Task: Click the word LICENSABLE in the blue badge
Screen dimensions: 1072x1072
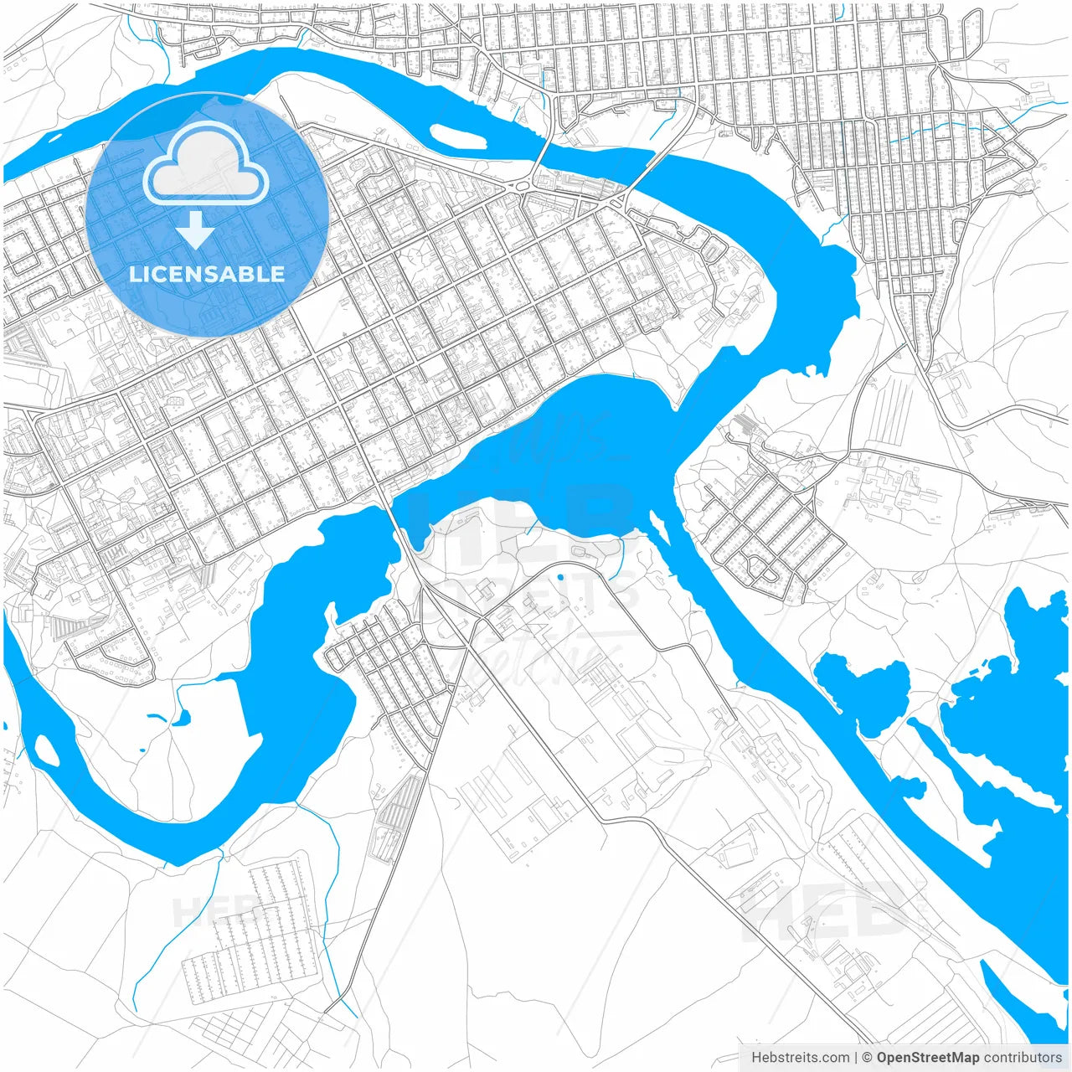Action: (x=207, y=274)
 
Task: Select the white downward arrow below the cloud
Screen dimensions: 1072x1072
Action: (x=195, y=229)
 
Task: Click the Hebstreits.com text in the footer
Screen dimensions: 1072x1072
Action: (x=800, y=1058)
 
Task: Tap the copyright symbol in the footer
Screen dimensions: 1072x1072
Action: (x=868, y=1058)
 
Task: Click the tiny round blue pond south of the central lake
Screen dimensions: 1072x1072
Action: (x=559, y=576)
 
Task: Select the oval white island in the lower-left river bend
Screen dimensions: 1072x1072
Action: (x=47, y=750)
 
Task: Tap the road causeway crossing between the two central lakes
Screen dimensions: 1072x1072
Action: (x=394, y=511)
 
